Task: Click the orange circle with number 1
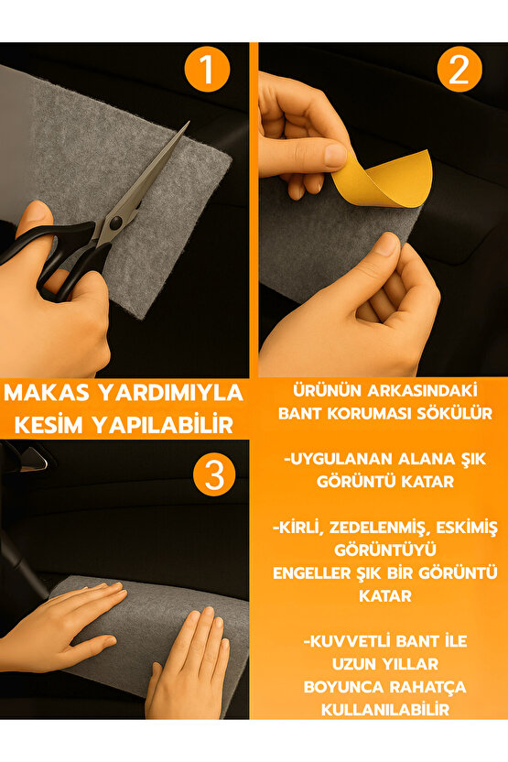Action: point(208,71)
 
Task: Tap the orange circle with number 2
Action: point(459,71)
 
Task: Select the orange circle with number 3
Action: point(214,474)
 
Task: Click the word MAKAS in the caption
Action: point(49,393)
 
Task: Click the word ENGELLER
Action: point(314,572)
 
